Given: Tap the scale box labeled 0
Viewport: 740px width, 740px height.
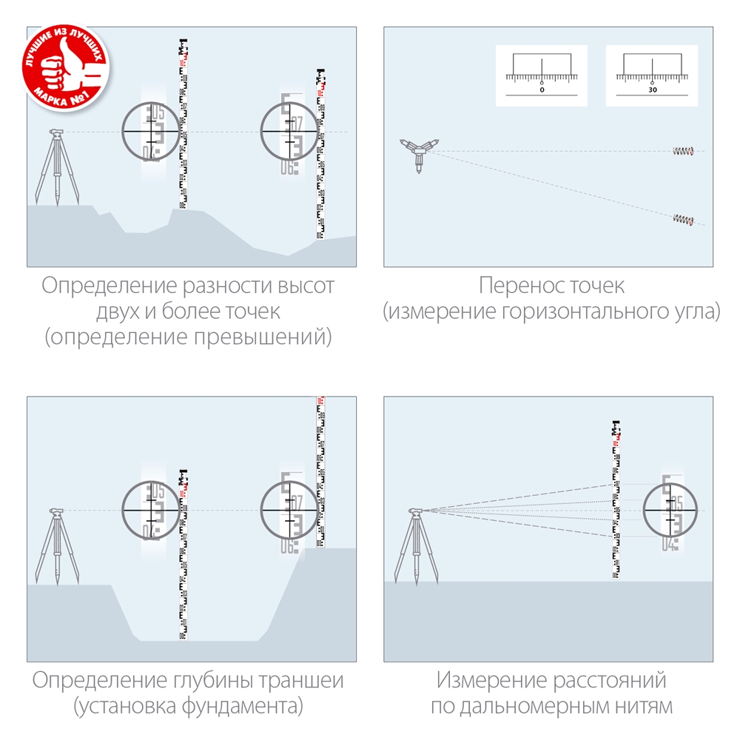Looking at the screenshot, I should [x=541, y=75].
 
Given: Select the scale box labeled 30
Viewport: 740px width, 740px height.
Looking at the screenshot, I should [x=652, y=75].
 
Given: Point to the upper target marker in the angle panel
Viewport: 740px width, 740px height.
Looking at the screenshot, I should [x=682, y=152].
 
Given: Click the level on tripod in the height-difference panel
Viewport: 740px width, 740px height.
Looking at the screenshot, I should [x=56, y=166].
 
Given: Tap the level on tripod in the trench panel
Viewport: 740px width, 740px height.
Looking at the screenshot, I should [x=56, y=544].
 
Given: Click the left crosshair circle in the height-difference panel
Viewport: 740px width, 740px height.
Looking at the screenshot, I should [x=152, y=131].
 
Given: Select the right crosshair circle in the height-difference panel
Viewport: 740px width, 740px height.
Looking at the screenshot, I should [x=290, y=131].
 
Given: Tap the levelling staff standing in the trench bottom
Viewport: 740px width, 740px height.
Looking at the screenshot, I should [x=182, y=555].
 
